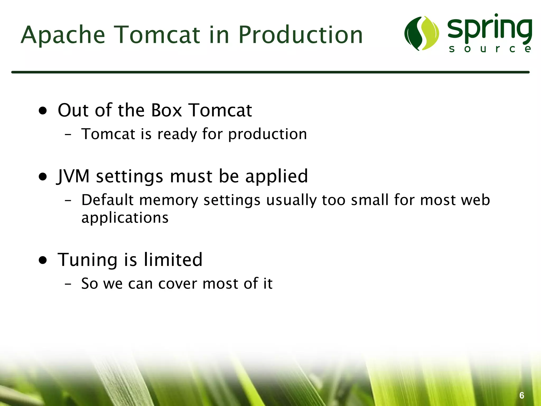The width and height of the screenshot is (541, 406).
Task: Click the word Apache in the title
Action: pos(63,35)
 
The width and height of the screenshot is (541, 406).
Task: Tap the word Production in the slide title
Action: pos(301,35)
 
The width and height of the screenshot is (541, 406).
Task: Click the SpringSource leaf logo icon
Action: pos(422,33)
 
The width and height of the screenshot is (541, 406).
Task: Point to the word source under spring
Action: pos(490,49)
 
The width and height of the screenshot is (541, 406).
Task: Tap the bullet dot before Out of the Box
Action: pos(43,111)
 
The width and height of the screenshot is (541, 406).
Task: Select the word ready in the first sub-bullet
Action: pos(177,134)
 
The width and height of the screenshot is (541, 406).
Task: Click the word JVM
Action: pos(73,176)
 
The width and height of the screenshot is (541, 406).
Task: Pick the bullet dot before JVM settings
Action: pos(43,177)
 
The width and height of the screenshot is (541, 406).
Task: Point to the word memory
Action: pos(169,200)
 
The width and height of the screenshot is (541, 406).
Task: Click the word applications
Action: pos(125,218)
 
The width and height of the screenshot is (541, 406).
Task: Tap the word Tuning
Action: pos(87,260)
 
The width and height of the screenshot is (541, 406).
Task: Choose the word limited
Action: pos(173,260)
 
